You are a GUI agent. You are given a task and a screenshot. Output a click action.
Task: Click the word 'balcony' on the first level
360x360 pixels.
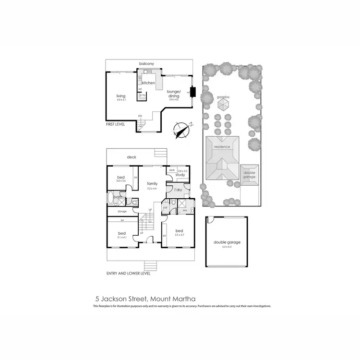click(146, 64)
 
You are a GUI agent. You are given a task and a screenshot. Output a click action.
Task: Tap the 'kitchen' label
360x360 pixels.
click(148, 83)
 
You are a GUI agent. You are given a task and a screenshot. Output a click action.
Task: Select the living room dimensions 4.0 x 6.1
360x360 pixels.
click(120, 100)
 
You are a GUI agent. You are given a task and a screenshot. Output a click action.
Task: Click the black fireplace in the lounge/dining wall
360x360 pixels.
click(193, 92)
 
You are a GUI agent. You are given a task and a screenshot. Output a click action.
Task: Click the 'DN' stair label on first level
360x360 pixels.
click(140, 116)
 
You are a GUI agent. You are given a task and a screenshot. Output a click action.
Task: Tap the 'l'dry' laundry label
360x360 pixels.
click(178, 191)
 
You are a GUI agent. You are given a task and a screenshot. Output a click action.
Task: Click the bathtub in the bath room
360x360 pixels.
click(111, 198)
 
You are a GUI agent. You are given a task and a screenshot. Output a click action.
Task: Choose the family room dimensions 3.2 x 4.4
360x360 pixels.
click(152, 189)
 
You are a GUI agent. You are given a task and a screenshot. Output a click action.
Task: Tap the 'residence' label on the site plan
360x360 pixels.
click(222, 147)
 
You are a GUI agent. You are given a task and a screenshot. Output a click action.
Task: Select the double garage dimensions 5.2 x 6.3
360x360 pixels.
click(227, 247)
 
